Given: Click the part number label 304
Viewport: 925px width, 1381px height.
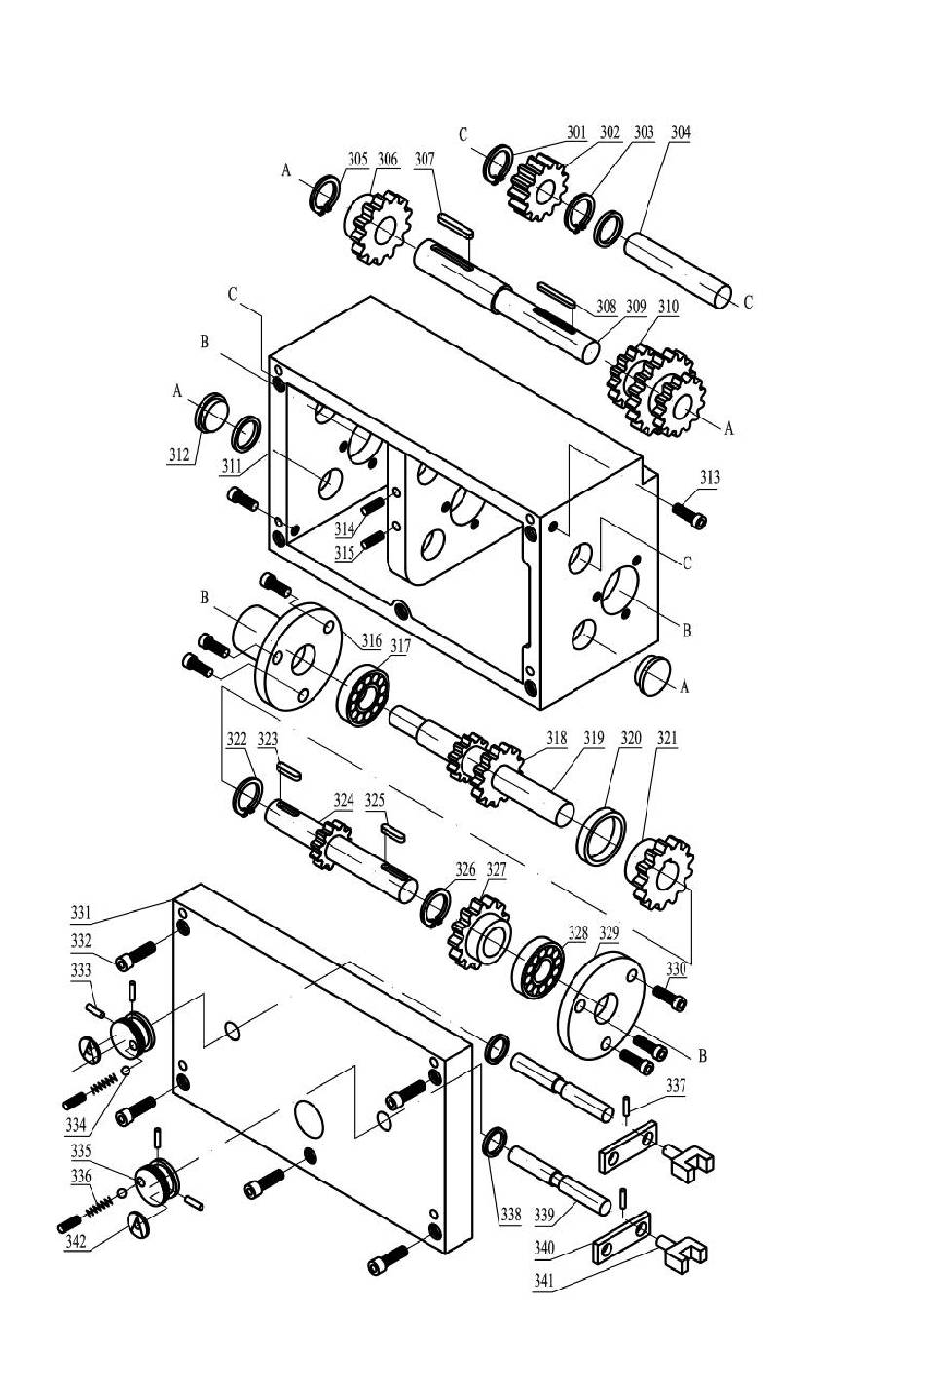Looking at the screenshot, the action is (x=681, y=132).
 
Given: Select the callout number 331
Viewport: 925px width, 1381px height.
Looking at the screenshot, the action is (x=81, y=912).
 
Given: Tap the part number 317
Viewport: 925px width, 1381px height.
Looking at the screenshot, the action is (x=400, y=646).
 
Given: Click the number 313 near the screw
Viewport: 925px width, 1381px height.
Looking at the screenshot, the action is (x=710, y=477).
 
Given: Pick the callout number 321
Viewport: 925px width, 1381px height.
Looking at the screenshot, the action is (x=667, y=738).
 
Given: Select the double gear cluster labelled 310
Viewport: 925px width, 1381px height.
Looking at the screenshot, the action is (x=656, y=391).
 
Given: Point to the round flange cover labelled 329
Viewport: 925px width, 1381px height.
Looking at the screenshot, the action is (x=601, y=1006).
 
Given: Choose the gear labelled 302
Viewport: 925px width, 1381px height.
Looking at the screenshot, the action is (x=537, y=188).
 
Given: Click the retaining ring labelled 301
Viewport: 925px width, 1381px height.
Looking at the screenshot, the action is (x=498, y=164).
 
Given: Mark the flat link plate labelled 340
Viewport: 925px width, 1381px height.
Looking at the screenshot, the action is (x=622, y=1235).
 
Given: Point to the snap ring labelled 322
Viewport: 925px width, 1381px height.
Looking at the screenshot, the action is (x=247, y=796).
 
